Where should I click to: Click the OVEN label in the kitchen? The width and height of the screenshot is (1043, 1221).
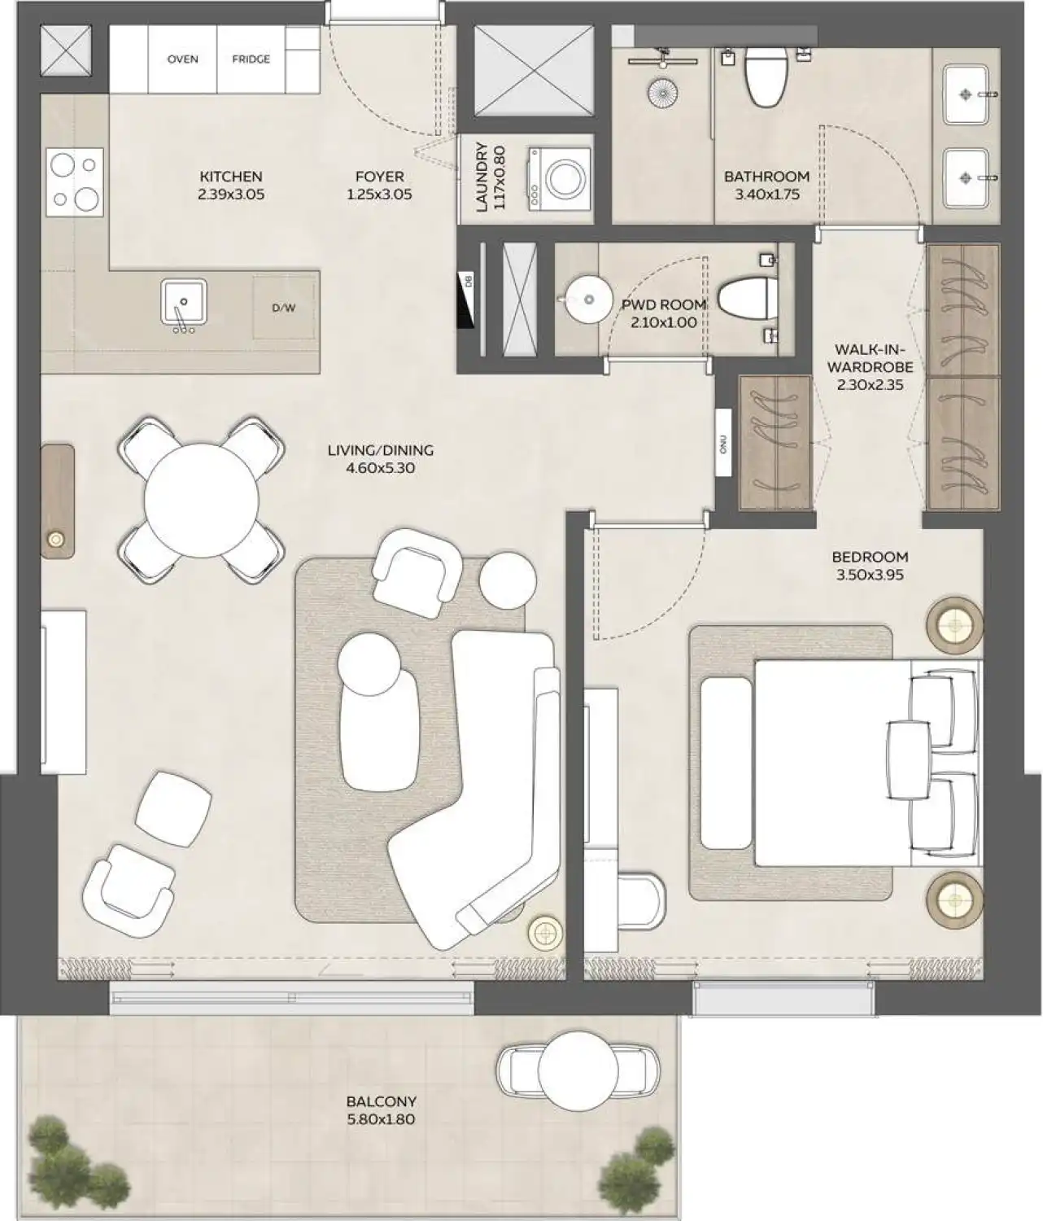[x=182, y=59]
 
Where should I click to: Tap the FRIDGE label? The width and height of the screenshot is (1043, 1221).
[x=251, y=59]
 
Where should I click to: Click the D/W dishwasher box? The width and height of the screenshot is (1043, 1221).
[x=284, y=308]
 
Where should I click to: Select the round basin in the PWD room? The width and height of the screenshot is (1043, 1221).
[x=588, y=300]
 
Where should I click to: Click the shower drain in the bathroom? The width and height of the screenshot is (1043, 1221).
[x=663, y=91]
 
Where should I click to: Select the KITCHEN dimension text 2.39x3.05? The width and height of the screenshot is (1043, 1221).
[x=231, y=195]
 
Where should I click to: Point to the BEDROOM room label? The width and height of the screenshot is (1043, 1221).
[x=870, y=558]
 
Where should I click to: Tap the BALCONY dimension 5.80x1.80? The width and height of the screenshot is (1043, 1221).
[x=381, y=1119]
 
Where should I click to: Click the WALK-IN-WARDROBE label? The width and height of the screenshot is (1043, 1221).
[x=870, y=357]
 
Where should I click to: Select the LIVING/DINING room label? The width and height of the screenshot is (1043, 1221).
[x=380, y=450]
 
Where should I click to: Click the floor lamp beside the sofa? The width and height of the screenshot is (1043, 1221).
[x=544, y=930]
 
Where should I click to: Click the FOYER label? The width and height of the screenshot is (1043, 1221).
[x=379, y=177]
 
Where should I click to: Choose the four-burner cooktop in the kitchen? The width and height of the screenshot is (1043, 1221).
[x=75, y=182]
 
